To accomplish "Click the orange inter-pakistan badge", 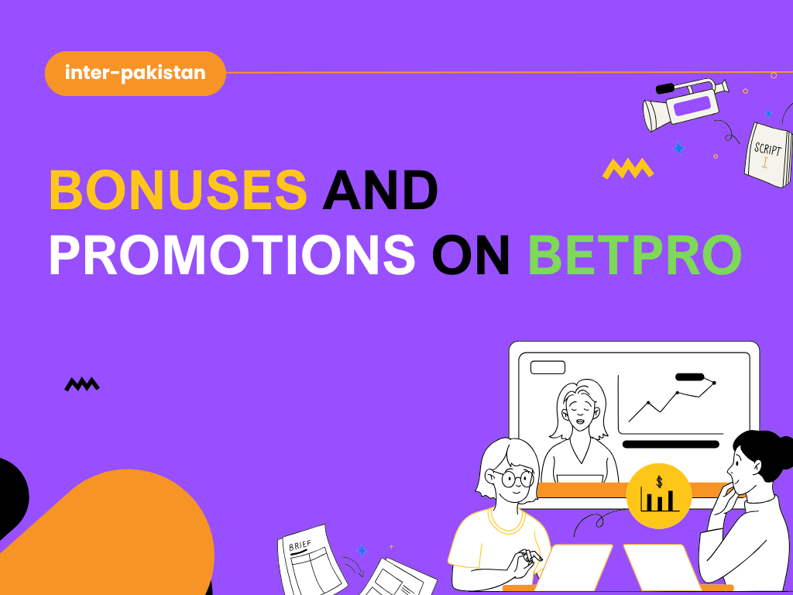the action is click(x=135, y=74).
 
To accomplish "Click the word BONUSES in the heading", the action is click(x=178, y=190).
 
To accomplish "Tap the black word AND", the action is click(x=380, y=190).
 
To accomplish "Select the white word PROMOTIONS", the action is click(x=232, y=254).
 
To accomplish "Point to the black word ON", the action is click(x=471, y=254).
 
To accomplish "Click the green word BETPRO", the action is click(x=635, y=254).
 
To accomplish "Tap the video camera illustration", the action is click(x=686, y=105).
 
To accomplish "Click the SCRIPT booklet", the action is click(x=768, y=154).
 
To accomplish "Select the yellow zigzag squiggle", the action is click(x=627, y=168).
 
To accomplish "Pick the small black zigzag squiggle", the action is click(x=82, y=384).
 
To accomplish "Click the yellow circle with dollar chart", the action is click(x=659, y=496).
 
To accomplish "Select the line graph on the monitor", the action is click(x=671, y=400).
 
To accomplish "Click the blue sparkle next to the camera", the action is click(x=678, y=148).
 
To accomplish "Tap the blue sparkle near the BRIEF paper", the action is click(x=362, y=551).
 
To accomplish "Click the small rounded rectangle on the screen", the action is click(x=548, y=367).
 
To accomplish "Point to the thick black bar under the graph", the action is click(x=671, y=444).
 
